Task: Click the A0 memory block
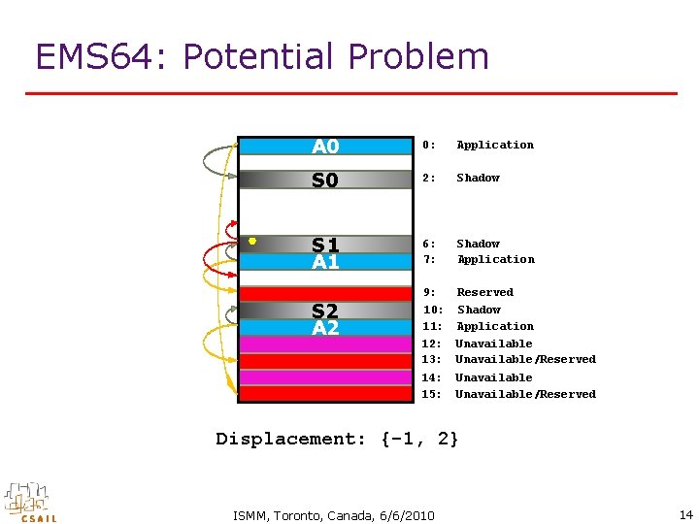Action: (x=325, y=147)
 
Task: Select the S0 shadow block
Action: (x=325, y=180)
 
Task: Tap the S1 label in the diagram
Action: (x=325, y=245)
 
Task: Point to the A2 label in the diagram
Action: (x=325, y=328)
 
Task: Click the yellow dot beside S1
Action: (x=252, y=241)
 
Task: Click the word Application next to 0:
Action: (x=495, y=146)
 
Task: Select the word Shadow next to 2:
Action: (x=478, y=179)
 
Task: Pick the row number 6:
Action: (x=429, y=245)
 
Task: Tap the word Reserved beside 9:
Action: (x=484, y=292)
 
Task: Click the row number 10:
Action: (x=433, y=310)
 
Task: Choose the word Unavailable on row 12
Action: (x=493, y=344)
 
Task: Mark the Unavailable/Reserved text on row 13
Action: (x=525, y=360)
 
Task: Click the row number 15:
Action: (x=433, y=394)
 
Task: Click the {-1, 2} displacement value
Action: (x=420, y=439)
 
